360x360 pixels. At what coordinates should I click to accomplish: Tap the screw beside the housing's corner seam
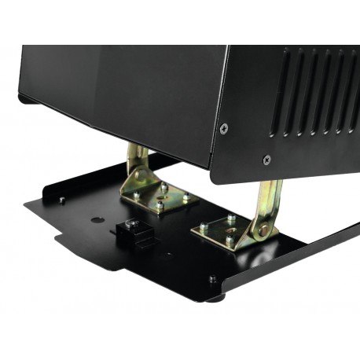[224, 128]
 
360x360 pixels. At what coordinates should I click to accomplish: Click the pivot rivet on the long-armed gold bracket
[264, 230]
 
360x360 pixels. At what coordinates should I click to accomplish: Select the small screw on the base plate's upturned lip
[61, 200]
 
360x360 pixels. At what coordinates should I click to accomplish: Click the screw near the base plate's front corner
[212, 277]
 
